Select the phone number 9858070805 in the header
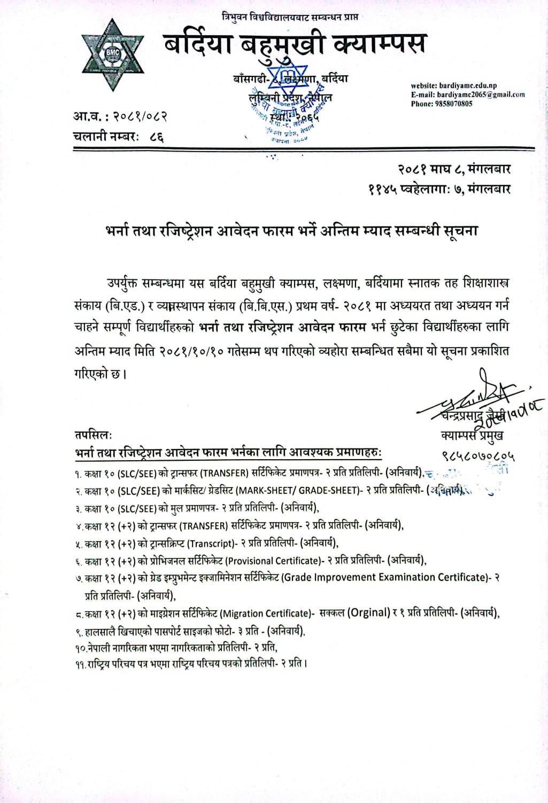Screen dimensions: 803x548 click(453, 104)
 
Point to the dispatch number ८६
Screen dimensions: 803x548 click(157, 137)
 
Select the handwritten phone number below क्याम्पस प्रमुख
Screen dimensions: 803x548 click(478, 455)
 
